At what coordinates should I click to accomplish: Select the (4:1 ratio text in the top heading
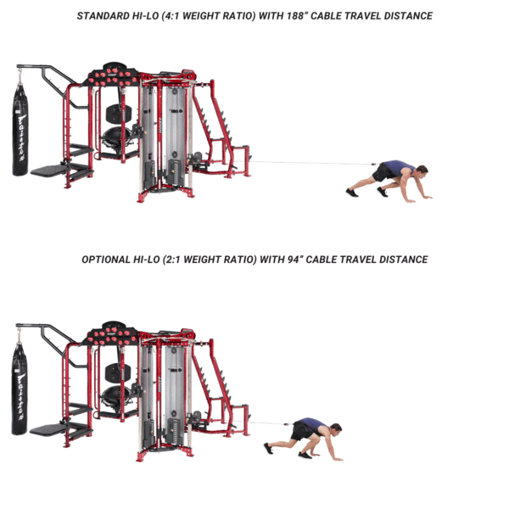coord(171,16)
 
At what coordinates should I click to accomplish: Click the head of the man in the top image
coord(422,171)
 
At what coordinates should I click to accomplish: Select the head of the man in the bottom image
coord(335,430)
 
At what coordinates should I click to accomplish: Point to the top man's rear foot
coord(352,193)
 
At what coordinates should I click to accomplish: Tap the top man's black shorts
coord(384,172)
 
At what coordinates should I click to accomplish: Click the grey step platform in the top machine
coord(49,171)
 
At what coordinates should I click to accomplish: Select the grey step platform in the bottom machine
coord(48,429)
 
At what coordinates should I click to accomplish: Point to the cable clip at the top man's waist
coord(373,165)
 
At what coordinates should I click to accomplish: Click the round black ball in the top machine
coord(116,137)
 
